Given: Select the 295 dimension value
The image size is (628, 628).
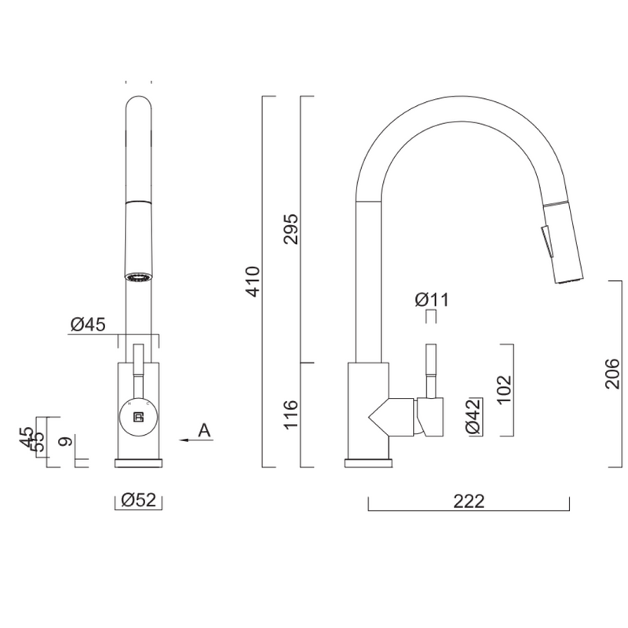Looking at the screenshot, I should (x=290, y=228).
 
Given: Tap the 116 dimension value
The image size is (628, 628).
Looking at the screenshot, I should (x=290, y=414).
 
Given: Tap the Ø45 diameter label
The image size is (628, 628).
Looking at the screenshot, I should (x=89, y=324).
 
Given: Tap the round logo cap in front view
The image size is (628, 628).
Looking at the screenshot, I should (x=138, y=415).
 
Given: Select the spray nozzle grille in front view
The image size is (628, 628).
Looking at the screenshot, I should (x=138, y=277).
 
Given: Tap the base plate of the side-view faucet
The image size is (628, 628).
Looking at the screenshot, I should (x=367, y=462).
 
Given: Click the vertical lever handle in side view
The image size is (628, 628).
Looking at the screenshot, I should (x=430, y=369).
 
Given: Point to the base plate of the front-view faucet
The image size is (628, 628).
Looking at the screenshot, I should (x=141, y=462).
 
